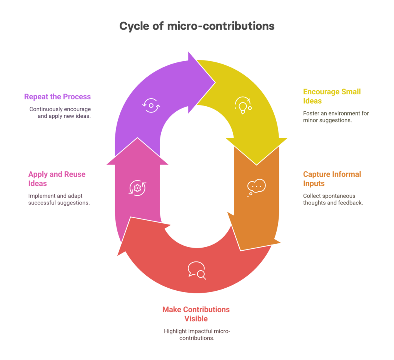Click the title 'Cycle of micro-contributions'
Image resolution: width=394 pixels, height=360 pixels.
197,27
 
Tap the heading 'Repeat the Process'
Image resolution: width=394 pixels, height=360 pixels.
57,97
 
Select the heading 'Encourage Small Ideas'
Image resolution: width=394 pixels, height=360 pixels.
332,96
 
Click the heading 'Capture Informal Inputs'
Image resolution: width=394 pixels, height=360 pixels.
332,179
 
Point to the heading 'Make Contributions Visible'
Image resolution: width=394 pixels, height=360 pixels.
196,314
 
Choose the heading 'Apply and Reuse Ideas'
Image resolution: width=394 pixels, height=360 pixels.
57,179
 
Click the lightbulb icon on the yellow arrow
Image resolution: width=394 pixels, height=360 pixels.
243,105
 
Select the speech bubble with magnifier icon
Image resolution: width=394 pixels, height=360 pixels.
197,271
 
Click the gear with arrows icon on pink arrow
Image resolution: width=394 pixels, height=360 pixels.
137,188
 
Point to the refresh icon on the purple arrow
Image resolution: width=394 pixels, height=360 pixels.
151,105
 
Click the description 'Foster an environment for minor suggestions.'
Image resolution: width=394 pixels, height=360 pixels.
336,117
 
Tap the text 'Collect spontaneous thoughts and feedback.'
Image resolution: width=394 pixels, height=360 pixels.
333,199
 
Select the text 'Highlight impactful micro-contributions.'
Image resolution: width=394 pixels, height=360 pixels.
197,335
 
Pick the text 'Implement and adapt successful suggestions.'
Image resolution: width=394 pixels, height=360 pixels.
59,199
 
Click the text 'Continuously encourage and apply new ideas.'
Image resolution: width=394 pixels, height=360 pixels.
60,113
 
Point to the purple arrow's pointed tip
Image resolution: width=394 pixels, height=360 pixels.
215,82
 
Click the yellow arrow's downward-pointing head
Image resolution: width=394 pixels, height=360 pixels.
256,151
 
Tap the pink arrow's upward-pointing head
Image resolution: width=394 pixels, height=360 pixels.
137,151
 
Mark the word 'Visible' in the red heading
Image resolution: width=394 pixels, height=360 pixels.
196,319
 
